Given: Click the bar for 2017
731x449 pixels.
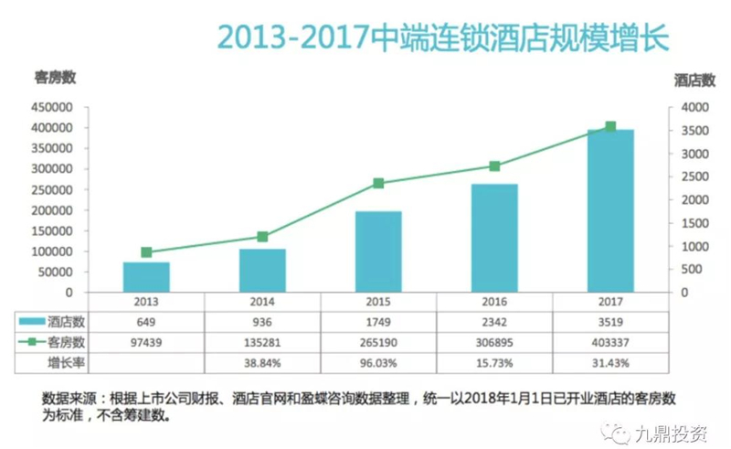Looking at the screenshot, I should pyautogui.click(x=610, y=210).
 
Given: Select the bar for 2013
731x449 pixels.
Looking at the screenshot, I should pyautogui.click(x=147, y=276).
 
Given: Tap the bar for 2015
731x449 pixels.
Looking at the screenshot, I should pyautogui.click(x=378, y=251).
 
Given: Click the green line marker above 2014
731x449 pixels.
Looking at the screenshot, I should pyautogui.click(x=263, y=237).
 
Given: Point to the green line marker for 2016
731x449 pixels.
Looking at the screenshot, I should pyautogui.click(x=494, y=166).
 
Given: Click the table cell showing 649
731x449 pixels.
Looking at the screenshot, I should pyautogui.click(x=146, y=322).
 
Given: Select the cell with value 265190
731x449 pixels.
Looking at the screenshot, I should pyautogui.click(x=378, y=343).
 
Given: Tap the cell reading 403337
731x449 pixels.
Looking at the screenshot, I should pyautogui.click(x=610, y=343).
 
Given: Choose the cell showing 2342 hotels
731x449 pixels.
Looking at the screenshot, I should pyautogui.click(x=494, y=322).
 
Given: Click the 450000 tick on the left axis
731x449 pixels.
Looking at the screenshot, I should pyautogui.click(x=52, y=107).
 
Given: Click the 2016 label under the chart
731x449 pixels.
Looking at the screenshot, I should pyautogui.click(x=494, y=302).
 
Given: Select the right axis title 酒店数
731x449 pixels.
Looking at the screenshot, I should pyautogui.click(x=693, y=78).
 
